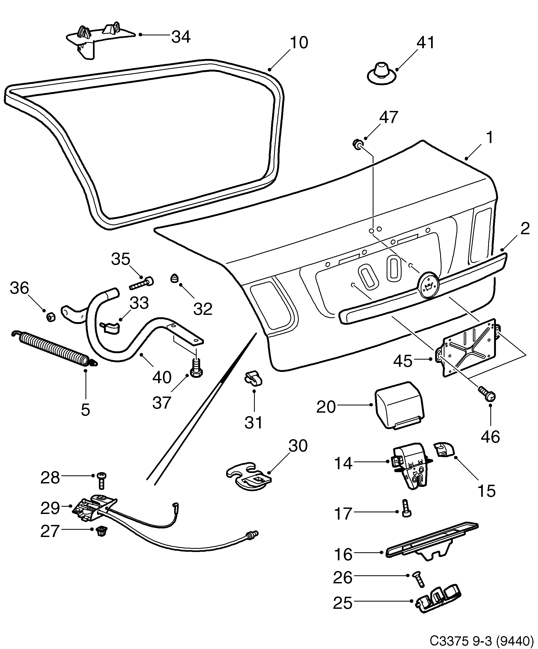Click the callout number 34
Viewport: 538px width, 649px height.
[x=181, y=37]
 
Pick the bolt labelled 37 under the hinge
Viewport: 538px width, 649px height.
[x=196, y=368]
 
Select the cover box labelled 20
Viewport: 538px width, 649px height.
[x=399, y=405]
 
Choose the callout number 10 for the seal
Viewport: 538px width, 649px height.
[x=299, y=43]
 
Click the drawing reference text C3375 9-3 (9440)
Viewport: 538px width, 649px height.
[x=482, y=640]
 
